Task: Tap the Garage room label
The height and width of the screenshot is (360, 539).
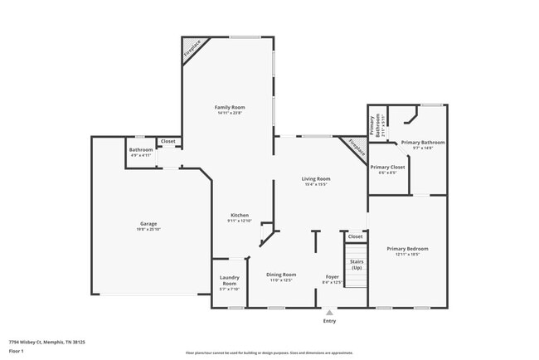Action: [148, 224]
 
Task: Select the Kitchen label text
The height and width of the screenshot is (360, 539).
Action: [240, 216]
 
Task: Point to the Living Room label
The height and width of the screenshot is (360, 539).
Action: [316, 179]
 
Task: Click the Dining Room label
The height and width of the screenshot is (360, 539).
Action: [281, 275]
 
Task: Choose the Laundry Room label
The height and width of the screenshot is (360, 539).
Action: [229, 280]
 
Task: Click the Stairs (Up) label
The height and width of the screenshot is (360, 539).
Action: [357, 265]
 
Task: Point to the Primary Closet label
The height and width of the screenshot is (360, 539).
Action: [387, 167]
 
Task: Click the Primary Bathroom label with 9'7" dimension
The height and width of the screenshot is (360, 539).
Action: [423, 143]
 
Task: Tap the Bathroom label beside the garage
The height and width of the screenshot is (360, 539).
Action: [140, 150]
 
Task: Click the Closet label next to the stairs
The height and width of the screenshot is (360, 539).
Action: [356, 236]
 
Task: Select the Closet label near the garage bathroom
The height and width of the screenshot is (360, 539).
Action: [168, 142]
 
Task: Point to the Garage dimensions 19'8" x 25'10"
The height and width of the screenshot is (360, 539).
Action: [148, 230]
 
